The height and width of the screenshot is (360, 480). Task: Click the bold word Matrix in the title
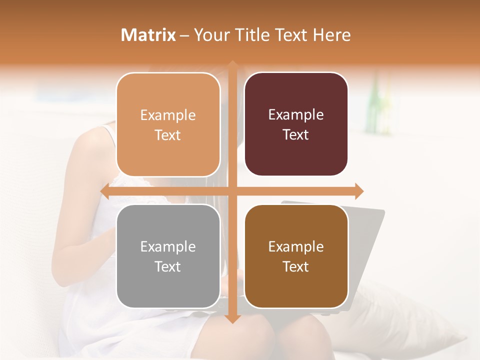pos(148,35)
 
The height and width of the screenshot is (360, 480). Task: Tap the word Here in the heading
pos(332,35)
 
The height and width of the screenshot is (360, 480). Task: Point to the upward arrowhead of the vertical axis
pos(232,65)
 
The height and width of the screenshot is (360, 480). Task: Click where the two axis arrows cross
pos(232,191)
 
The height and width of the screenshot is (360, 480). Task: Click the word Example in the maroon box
pos(296,114)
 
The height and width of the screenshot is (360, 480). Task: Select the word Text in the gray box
pos(168,266)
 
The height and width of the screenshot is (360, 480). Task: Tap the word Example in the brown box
pos(296,246)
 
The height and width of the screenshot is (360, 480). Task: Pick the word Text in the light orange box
pos(168,135)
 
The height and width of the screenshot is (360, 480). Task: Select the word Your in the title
pos(209,35)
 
